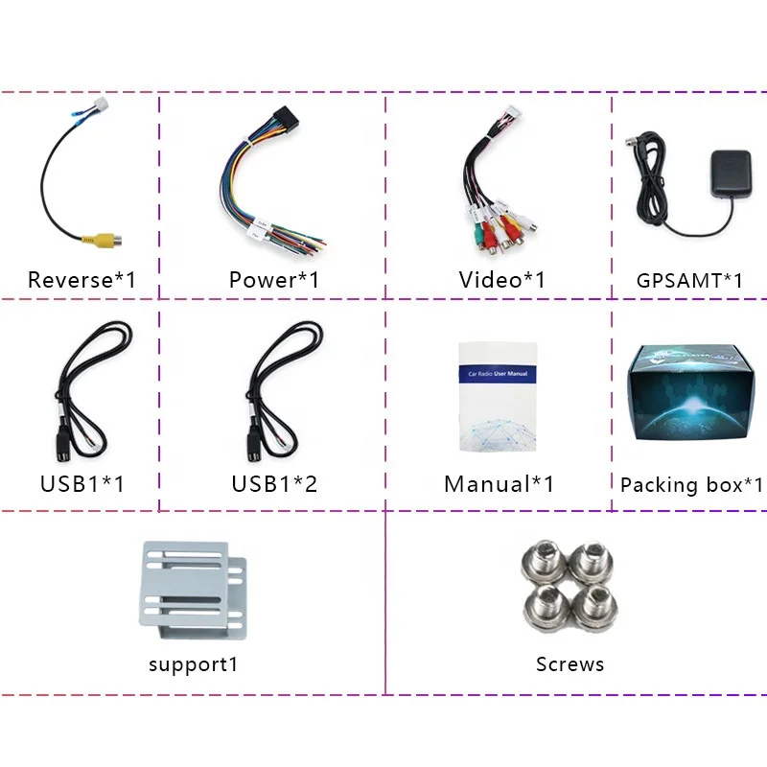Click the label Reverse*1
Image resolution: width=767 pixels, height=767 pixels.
pos(81,280)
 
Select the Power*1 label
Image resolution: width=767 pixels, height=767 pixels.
pos(273,280)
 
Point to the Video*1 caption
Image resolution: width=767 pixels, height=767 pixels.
pos(501,280)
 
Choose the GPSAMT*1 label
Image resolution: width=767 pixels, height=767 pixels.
pos(689,281)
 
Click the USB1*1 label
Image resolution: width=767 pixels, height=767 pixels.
pos(81,483)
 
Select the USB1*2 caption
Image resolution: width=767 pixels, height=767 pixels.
pos(273,483)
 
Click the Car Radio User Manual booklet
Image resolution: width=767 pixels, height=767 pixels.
pos(497,395)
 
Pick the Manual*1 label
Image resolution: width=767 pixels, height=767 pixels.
pos(499,484)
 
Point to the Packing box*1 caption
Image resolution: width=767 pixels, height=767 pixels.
pos(691,484)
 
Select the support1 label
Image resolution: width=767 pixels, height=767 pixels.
pos(193,663)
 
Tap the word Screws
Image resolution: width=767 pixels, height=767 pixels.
pos(570,663)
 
